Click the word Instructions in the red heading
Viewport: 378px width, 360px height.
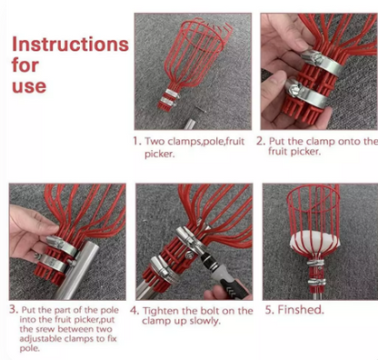click(70, 45)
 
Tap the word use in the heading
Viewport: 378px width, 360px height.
click(29, 86)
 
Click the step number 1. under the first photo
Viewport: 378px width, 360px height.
click(137, 141)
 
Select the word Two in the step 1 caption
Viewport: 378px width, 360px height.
click(154, 141)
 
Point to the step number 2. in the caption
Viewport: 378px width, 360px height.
click(261, 141)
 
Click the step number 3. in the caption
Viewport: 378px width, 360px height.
click(15, 309)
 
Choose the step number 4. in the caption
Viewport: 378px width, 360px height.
click(134, 311)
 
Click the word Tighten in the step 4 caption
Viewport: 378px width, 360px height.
click(162, 311)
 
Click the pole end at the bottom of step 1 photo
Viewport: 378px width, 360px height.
click(190, 125)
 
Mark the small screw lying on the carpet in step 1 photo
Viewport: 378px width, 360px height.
click(200, 109)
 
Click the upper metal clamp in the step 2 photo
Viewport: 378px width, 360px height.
click(323, 62)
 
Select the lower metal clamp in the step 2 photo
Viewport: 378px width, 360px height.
click(307, 94)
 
